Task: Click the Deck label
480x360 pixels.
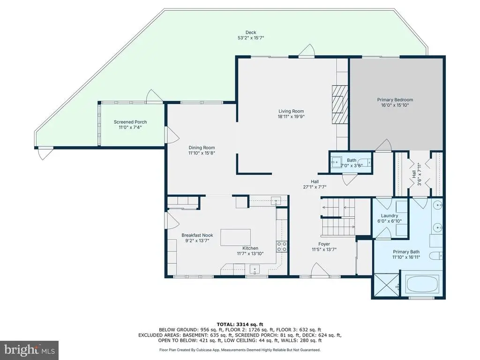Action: (x=251, y=32)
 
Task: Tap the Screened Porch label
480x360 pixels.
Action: (x=130, y=122)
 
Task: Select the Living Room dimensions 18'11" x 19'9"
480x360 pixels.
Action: (x=291, y=116)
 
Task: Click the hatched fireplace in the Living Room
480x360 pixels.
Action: (x=340, y=105)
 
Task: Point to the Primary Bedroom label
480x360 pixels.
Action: (x=395, y=100)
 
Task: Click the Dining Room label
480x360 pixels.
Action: (x=202, y=148)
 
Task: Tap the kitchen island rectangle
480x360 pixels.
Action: (x=235, y=237)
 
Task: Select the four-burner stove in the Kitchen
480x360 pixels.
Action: (x=282, y=247)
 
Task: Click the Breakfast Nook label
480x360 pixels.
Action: (x=197, y=235)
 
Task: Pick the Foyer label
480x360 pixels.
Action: (x=324, y=244)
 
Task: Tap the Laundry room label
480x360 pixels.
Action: (x=390, y=216)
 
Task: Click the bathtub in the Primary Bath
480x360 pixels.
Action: (x=421, y=284)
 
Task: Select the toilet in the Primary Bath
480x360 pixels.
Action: (x=435, y=255)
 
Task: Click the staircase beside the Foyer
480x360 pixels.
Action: (x=337, y=217)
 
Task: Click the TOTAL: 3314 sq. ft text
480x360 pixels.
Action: (x=240, y=324)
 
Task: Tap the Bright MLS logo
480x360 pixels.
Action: (x=30, y=350)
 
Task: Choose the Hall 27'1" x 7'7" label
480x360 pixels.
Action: (x=315, y=184)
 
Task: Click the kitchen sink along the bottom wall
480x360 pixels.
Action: (x=255, y=270)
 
